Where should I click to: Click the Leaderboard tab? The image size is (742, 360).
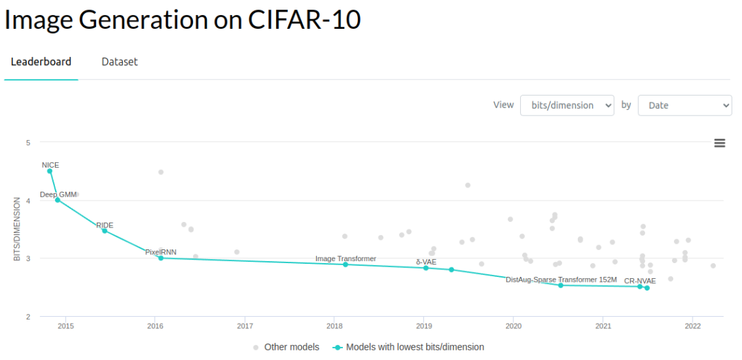(x=41, y=62)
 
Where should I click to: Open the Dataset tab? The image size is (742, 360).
(x=120, y=62)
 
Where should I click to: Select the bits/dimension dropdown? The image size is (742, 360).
(x=567, y=105)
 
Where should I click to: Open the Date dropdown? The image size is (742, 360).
(x=684, y=105)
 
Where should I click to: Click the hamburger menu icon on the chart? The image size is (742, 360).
(x=719, y=143)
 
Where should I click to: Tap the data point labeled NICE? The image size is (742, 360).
(x=49, y=171)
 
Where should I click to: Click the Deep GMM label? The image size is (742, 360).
(x=58, y=194)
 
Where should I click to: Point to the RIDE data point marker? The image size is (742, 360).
(x=104, y=231)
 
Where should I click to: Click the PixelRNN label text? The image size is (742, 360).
(x=161, y=252)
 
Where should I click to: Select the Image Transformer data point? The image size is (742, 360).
(x=346, y=265)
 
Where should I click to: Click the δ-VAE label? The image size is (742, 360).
(x=426, y=262)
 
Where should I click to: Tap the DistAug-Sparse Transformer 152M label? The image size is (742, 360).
(x=561, y=280)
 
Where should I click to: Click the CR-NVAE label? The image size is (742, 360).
(x=644, y=280)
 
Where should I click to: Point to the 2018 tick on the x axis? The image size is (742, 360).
(x=335, y=326)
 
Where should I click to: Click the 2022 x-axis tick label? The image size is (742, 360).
(x=693, y=326)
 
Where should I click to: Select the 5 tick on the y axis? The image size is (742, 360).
(x=28, y=143)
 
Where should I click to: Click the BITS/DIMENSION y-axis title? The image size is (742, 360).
(x=17, y=229)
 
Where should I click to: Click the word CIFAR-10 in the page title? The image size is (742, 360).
(x=304, y=19)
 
